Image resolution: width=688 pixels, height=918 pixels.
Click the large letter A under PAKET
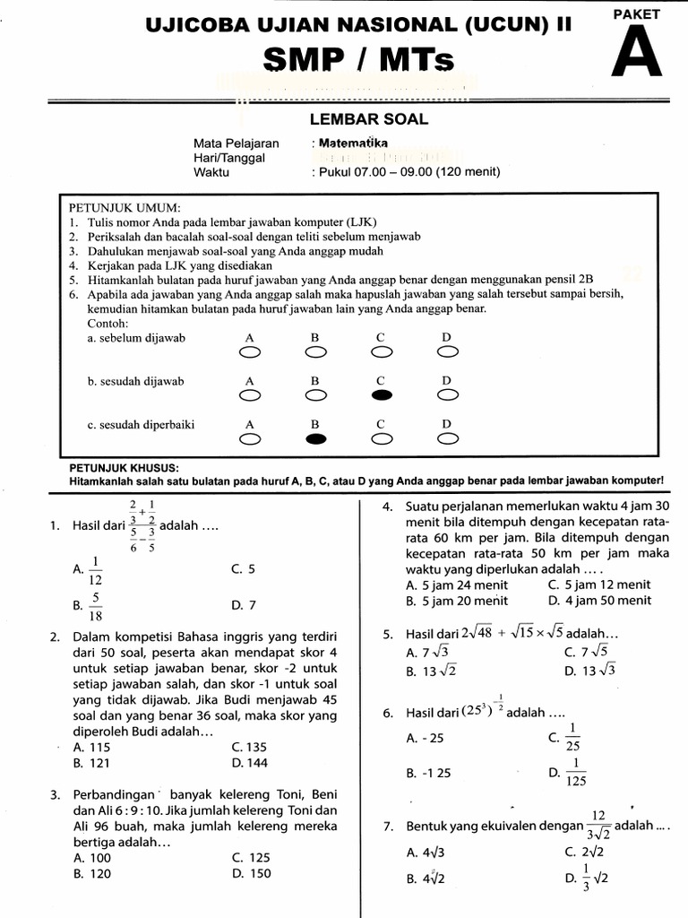coord(637,52)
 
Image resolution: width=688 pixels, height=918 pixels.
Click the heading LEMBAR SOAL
coord(369,119)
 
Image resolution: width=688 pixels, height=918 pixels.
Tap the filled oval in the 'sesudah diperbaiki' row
coord(315,439)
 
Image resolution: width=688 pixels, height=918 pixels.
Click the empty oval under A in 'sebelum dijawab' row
coord(250,352)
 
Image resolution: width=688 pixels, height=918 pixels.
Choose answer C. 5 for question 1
coord(243,568)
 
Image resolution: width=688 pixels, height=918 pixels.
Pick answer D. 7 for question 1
coord(244,606)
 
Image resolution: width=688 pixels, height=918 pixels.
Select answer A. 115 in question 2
coord(92,746)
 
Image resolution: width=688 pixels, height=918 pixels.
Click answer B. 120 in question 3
coord(92,872)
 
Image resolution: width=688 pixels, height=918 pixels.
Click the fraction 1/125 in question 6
coord(574,772)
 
